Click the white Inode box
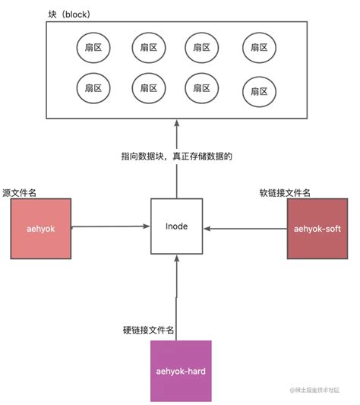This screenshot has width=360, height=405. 176,226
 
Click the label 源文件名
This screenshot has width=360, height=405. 21,193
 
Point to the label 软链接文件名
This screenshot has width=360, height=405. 285,193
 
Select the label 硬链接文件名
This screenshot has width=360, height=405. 150,331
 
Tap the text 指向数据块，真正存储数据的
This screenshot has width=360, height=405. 175,157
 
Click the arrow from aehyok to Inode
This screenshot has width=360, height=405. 111,226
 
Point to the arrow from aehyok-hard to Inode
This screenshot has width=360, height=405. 176,296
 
